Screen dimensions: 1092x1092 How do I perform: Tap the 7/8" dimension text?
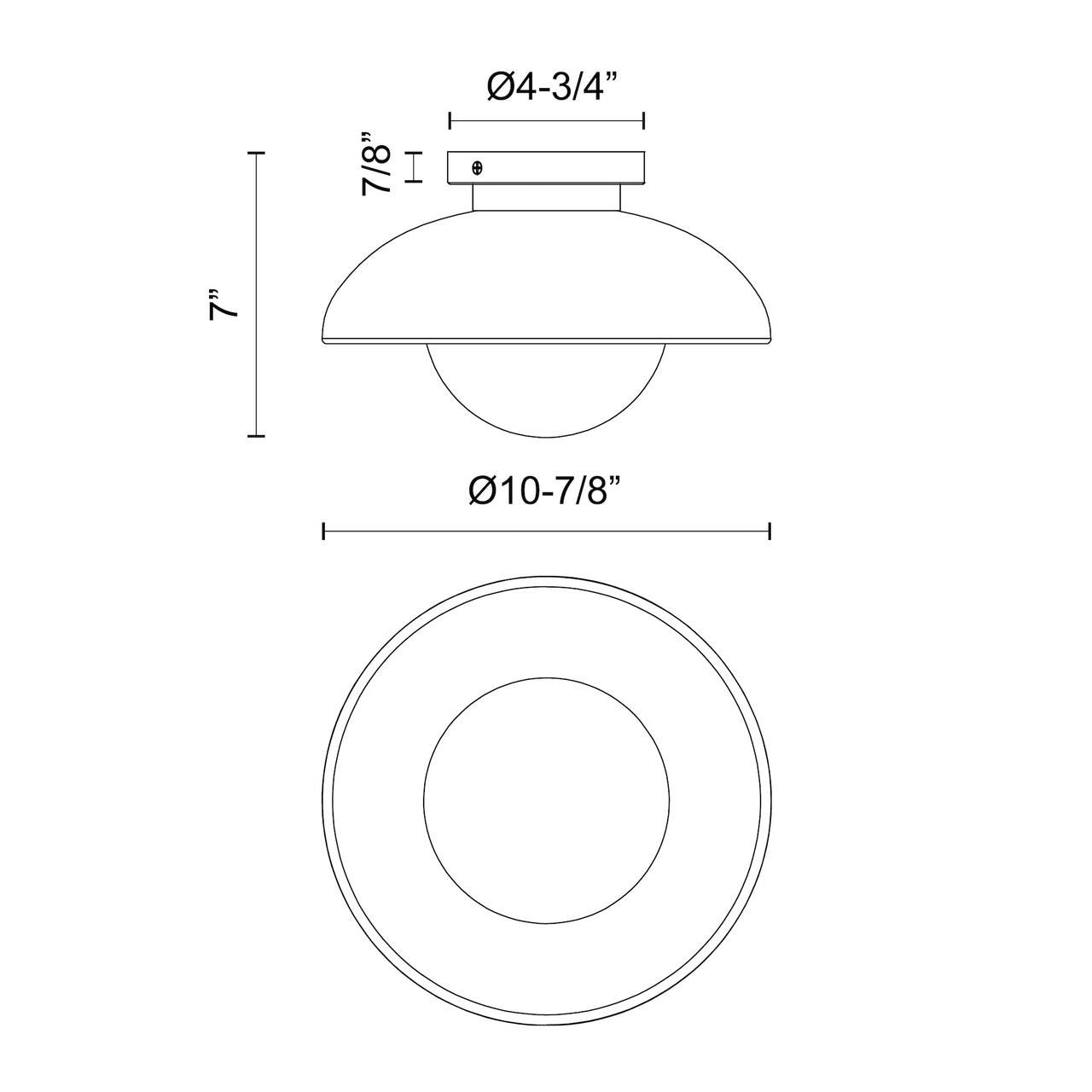(376, 163)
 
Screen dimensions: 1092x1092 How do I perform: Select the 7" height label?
(223, 305)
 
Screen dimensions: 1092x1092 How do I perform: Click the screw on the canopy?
(478, 168)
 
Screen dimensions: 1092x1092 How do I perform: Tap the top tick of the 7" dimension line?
(257, 153)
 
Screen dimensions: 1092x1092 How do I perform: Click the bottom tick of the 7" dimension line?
(257, 436)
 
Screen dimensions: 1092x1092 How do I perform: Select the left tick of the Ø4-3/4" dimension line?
(450, 120)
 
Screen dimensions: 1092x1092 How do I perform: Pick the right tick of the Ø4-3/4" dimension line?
(644, 120)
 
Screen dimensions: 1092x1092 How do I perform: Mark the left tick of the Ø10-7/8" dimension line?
(323, 531)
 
